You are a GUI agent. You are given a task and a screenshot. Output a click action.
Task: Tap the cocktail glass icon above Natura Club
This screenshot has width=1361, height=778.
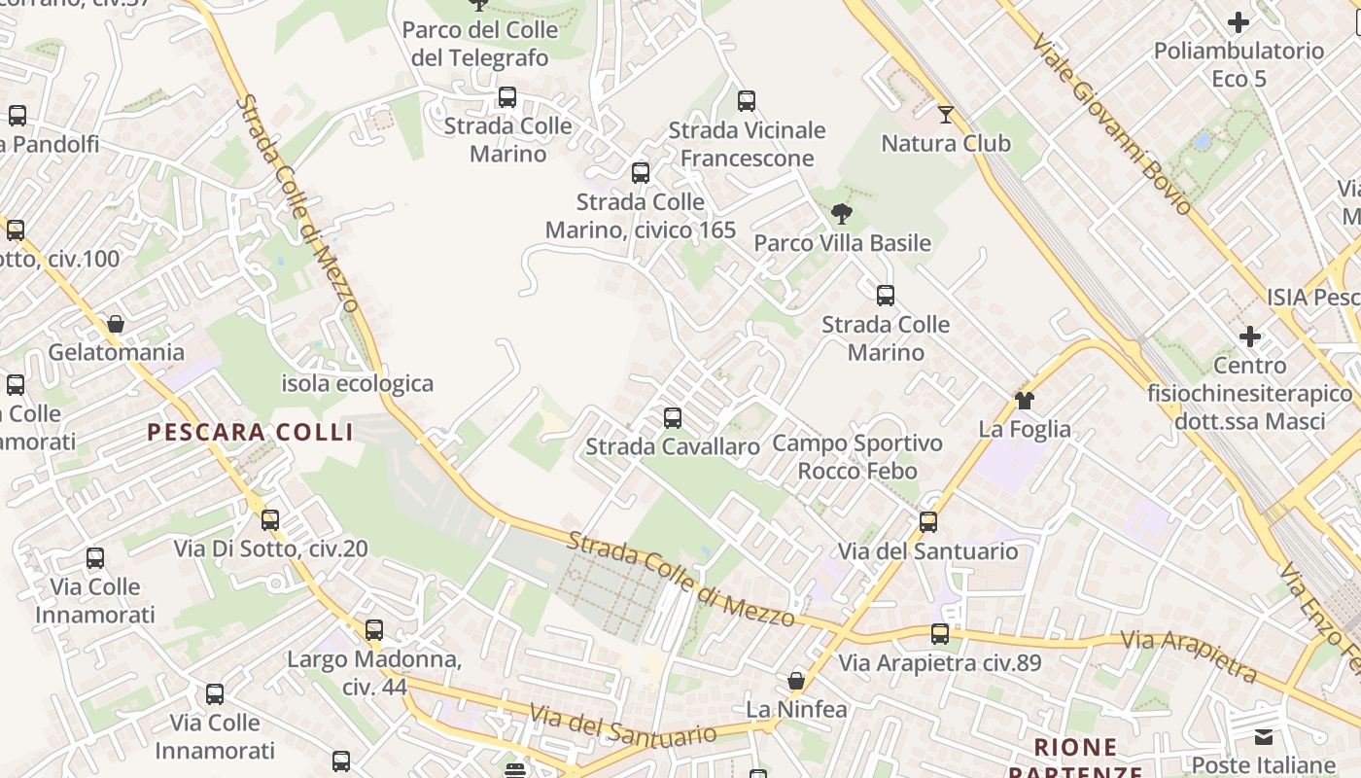tap(946, 115)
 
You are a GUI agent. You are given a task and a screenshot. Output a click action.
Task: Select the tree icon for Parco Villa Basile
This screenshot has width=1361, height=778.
tap(842, 214)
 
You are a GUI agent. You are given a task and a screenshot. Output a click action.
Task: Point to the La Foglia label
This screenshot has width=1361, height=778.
tap(1025, 429)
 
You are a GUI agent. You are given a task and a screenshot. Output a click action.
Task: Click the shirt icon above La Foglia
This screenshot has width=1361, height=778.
tap(1024, 400)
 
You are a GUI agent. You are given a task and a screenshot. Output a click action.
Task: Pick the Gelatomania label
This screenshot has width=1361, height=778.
tap(116, 352)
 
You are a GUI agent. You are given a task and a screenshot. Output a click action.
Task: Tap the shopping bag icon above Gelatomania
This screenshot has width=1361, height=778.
tap(116, 324)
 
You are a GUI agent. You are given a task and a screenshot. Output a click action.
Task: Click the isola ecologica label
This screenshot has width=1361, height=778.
tap(357, 383)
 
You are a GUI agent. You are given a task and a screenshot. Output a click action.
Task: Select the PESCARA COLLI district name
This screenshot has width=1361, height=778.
tap(250, 433)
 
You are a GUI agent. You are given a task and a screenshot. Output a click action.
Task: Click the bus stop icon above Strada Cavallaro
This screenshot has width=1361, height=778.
tap(672, 418)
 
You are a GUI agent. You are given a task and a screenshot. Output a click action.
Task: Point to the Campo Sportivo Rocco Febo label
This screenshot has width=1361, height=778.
tap(857, 457)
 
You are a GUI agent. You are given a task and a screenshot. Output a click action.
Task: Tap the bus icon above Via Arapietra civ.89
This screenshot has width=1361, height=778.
tap(939, 634)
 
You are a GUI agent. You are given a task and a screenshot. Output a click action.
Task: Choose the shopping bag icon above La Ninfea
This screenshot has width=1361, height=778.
tap(796, 681)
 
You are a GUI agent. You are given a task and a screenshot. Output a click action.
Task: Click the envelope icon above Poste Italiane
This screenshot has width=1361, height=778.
tap(1263, 737)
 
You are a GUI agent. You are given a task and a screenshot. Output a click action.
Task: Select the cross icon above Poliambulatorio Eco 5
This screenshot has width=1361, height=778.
tap(1239, 22)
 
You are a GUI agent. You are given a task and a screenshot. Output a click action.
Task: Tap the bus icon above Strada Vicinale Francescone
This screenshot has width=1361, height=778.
tap(747, 101)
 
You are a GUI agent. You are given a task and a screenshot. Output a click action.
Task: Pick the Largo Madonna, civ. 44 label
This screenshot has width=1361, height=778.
tap(374, 673)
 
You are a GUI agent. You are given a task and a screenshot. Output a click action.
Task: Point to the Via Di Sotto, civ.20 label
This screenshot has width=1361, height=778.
tap(271, 548)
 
